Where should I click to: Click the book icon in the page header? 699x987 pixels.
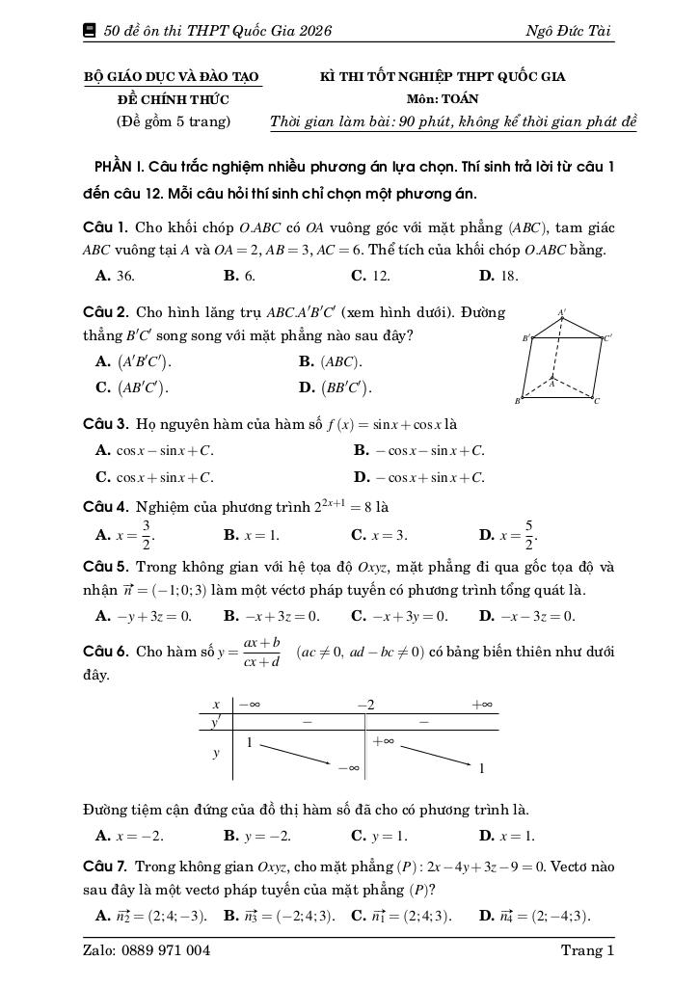[x=90, y=31]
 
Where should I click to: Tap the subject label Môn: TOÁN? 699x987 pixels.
[x=443, y=98]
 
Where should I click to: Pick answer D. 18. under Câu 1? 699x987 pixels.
[x=498, y=276]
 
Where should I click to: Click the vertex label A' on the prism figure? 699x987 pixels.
[x=562, y=313]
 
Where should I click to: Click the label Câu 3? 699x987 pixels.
[x=106, y=424]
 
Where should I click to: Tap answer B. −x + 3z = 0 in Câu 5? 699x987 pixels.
[x=272, y=616]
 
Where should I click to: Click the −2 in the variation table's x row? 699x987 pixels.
[x=364, y=705]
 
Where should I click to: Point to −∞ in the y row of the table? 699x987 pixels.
[x=348, y=768]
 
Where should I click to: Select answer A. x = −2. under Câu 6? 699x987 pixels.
[x=130, y=836]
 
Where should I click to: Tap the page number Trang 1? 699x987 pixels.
[x=587, y=950]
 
